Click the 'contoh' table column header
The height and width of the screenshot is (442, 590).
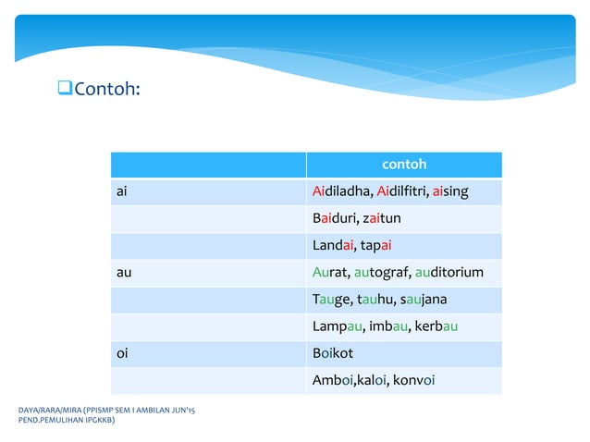coord(404,165)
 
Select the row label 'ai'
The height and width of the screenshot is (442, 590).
coord(122,191)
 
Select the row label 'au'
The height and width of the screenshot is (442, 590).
coord(123,273)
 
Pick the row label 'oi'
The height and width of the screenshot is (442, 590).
coord(121,353)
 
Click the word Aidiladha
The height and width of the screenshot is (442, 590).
coord(342,191)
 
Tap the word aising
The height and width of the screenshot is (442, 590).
coord(450,191)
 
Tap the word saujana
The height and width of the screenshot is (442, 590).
coord(422,300)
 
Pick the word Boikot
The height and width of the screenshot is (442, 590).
coord(333,353)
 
